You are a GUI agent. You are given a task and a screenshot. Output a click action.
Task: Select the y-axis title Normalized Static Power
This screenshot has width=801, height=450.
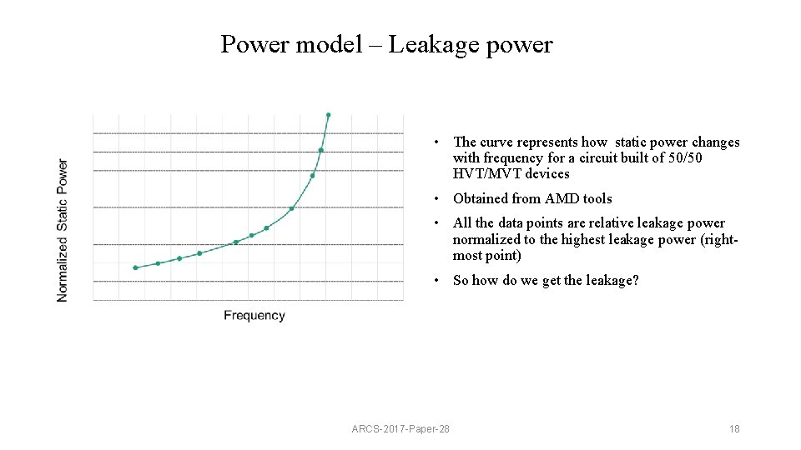63,230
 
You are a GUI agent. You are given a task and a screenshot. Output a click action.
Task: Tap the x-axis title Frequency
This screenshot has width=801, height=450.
254,315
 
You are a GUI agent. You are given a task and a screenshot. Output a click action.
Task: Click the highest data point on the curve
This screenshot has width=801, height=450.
329,115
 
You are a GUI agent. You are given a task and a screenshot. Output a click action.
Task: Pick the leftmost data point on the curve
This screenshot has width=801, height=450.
135,267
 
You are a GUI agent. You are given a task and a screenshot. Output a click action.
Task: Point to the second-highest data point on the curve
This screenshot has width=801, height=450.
320,150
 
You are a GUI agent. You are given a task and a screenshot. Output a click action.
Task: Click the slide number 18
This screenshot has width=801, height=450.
734,428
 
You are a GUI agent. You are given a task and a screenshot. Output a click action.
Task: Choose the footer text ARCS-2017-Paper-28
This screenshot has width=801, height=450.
400,428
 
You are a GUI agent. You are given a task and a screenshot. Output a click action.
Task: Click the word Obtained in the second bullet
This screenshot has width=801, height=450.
480,198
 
